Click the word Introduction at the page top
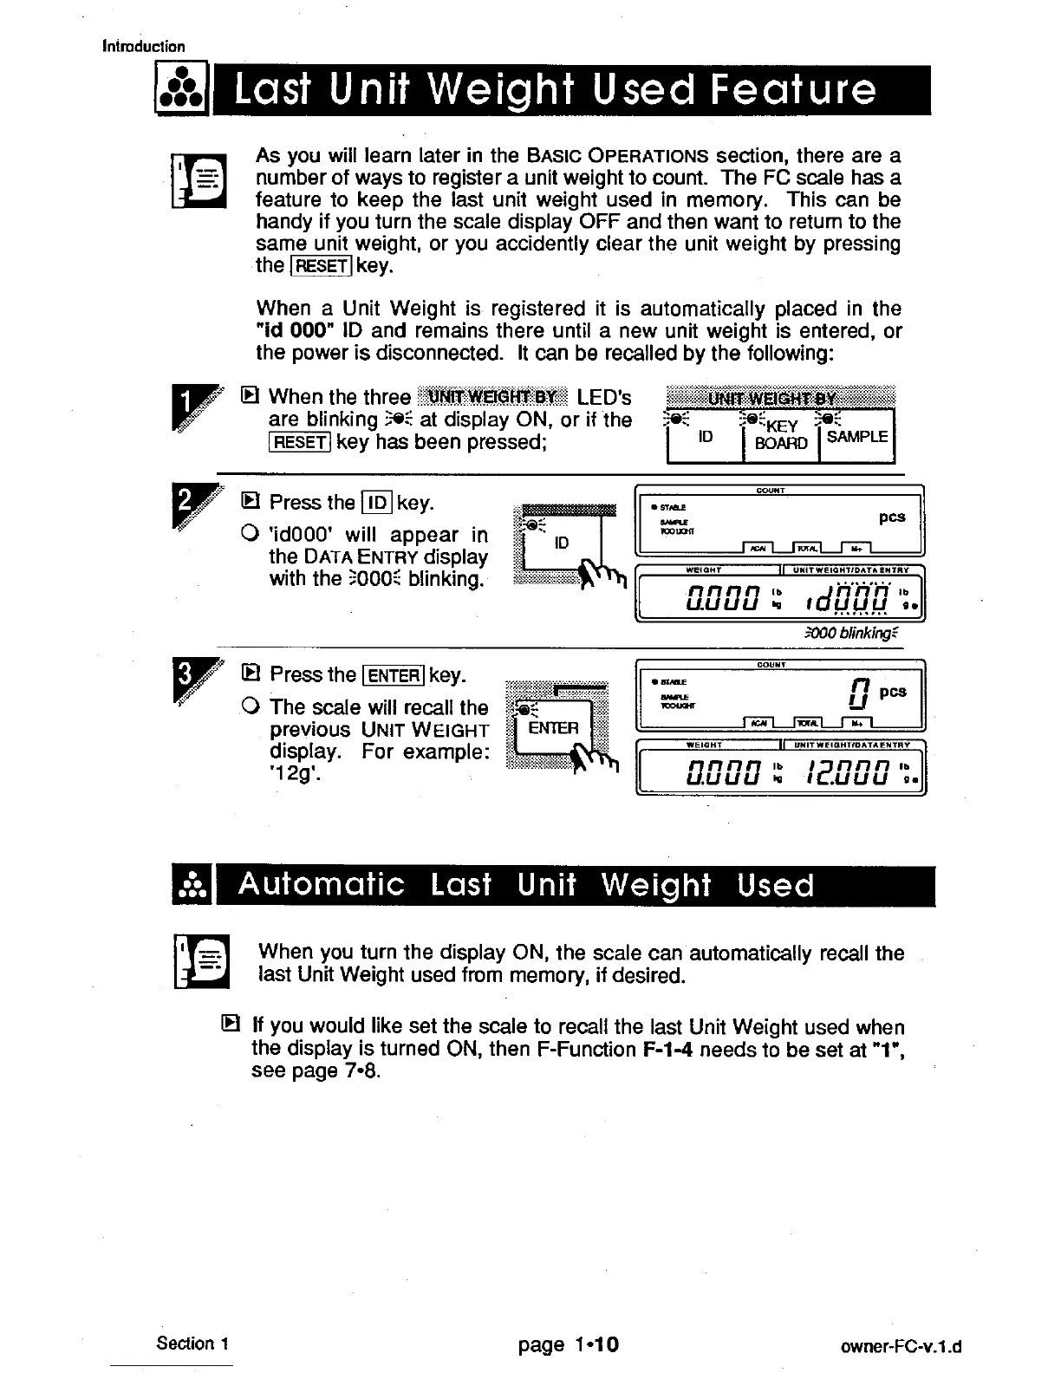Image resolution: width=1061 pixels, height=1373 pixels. tap(143, 47)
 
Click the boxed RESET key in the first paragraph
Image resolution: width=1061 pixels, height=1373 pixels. tap(321, 266)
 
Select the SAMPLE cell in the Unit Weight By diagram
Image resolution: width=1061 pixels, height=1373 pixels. tap(856, 437)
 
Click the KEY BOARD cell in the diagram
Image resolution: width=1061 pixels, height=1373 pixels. tap(781, 435)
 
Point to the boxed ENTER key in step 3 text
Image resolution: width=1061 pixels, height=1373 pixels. tap(394, 675)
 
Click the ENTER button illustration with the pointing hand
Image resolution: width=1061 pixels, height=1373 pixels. tap(553, 728)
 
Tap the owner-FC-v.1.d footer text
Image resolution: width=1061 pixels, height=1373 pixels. tap(902, 1347)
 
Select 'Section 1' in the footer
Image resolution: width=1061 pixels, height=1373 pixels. tap(192, 1344)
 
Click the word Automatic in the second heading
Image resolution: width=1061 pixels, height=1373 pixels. tap(322, 885)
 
